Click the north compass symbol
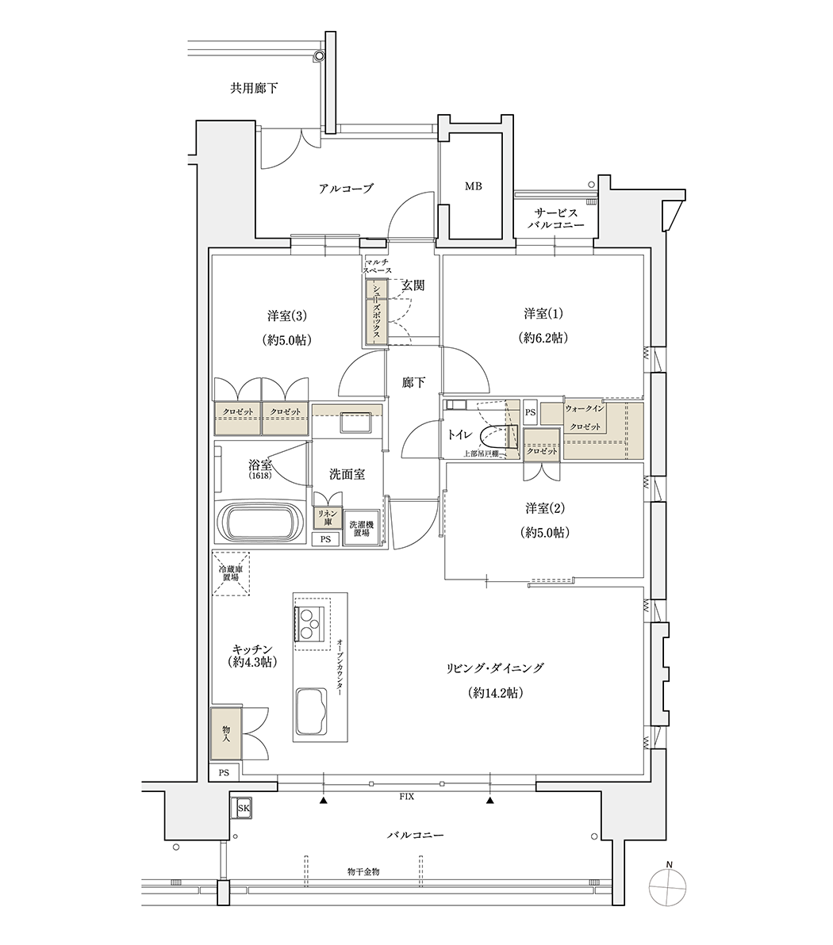668,888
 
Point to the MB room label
474,187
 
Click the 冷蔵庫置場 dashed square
231,574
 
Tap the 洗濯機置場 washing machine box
361,529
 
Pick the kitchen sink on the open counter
313,710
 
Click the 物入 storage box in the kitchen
226,733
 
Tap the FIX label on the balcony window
406,797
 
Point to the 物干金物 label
363,871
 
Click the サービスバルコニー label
555,219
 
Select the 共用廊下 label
254,88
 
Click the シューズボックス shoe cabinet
376,313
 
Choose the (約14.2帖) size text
495,693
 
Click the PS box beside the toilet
530,413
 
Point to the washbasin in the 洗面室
355,421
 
